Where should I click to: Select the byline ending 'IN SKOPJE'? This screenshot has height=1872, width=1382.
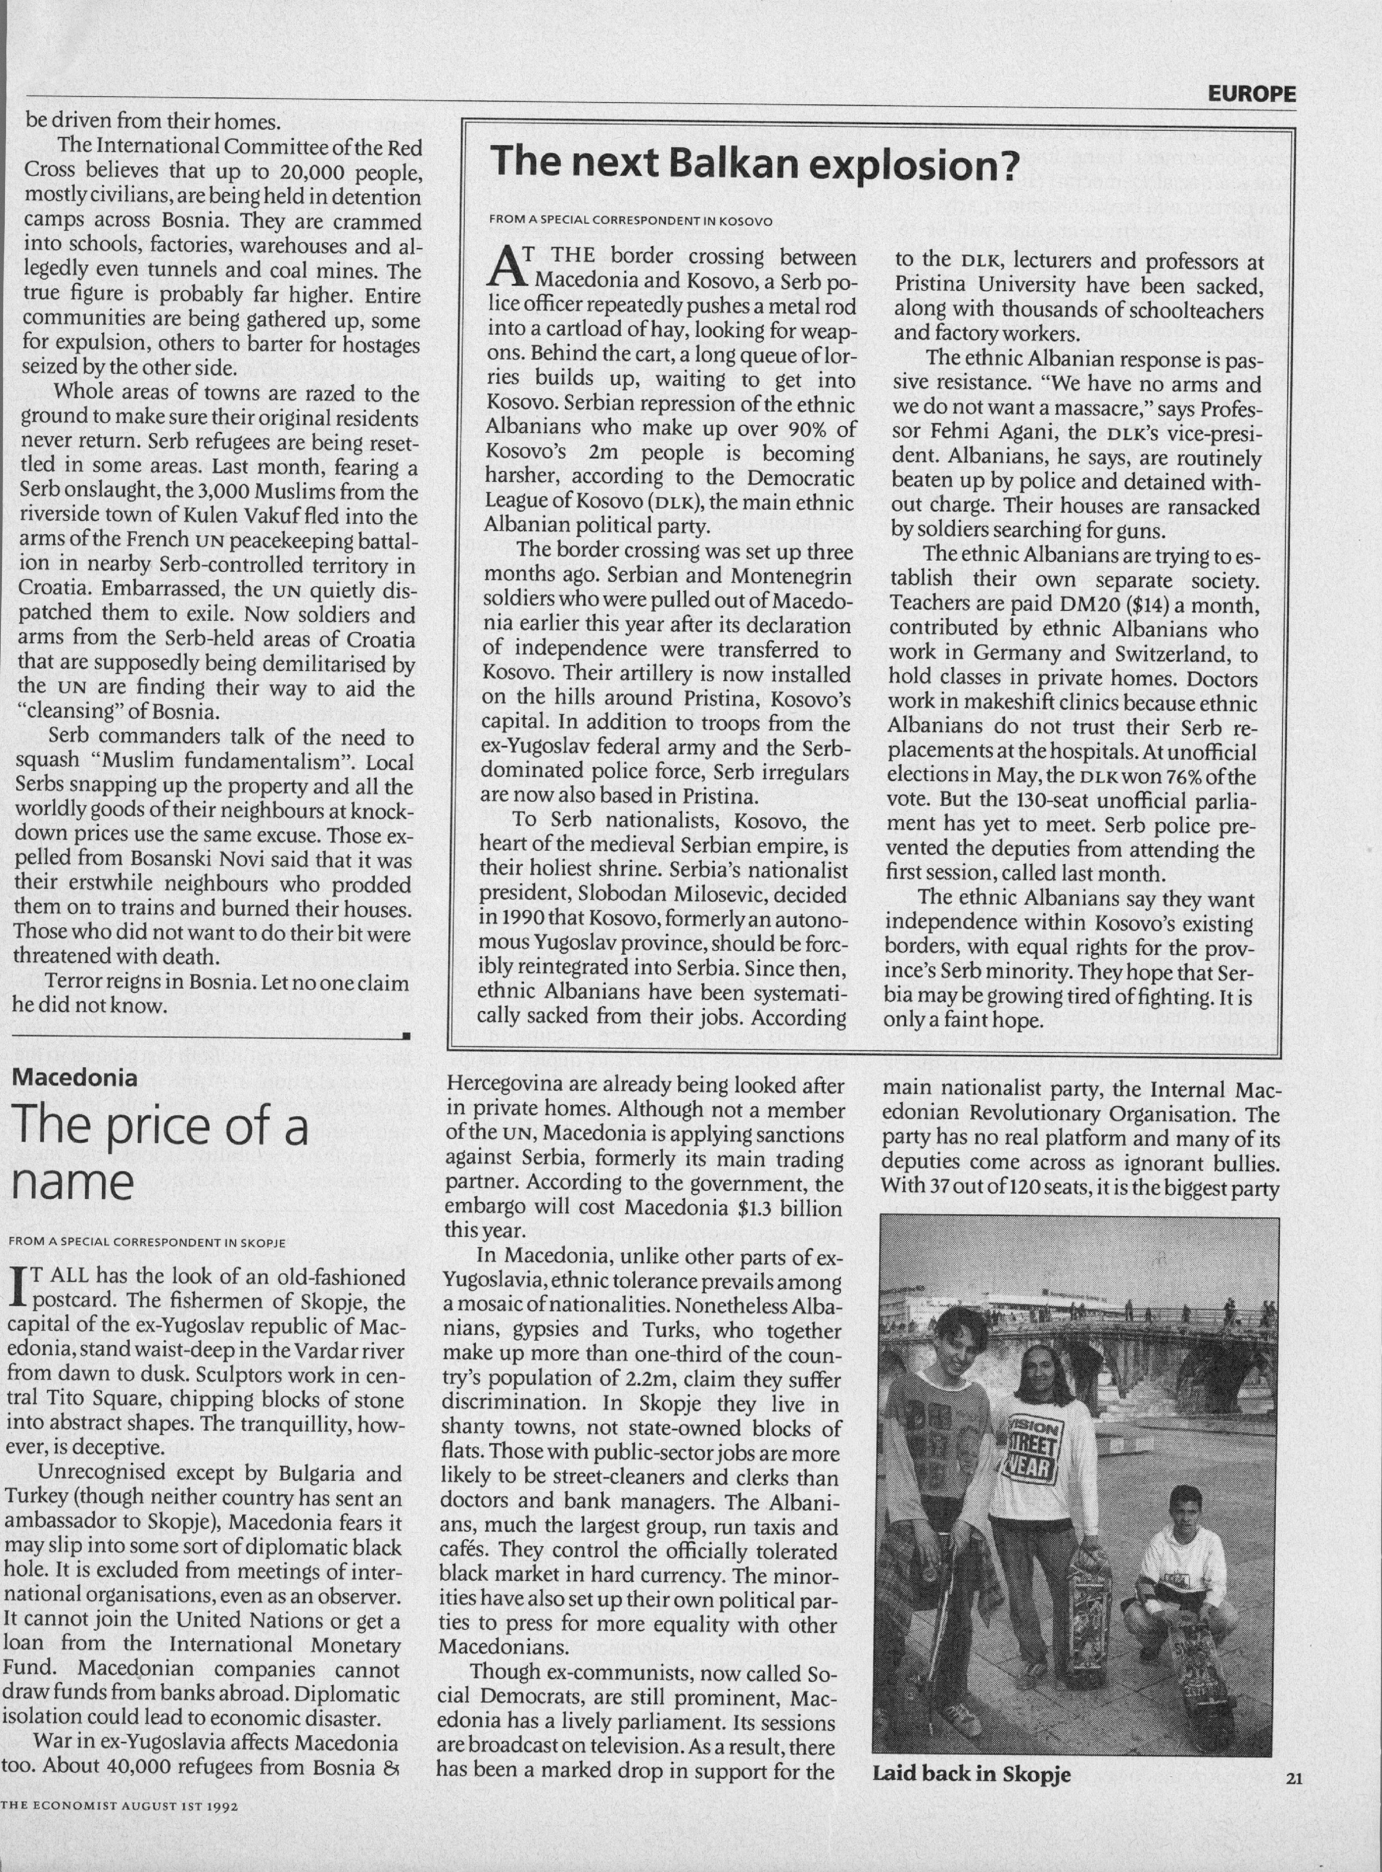click(x=146, y=1242)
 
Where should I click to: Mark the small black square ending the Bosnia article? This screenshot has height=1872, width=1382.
click(x=406, y=1037)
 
